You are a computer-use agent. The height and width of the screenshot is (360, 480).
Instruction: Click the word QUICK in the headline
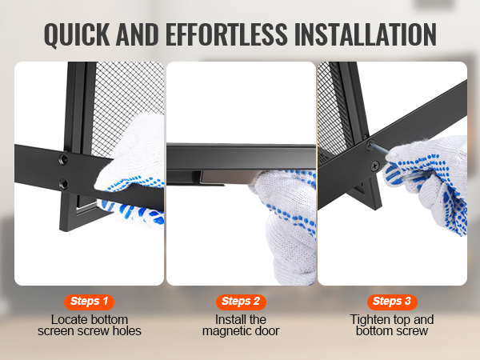click(x=77, y=34)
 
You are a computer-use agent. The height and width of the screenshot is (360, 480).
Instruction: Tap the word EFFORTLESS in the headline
click(x=226, y=34)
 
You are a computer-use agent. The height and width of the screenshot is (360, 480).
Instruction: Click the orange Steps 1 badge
click(x=89, y=302)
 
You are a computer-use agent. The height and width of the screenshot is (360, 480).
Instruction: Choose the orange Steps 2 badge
click(x=241, y=302)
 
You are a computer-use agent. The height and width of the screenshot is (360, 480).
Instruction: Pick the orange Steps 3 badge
click(x=392, y=302)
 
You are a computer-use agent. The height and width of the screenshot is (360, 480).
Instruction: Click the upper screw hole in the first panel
click(x=64, y=159)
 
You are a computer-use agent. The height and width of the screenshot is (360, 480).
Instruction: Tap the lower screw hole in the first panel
click(x=64, y=184)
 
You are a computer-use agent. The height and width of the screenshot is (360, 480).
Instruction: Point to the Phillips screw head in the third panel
click(x=374, y=166)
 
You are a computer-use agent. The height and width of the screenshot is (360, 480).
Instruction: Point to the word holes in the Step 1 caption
click(x=127, y=331)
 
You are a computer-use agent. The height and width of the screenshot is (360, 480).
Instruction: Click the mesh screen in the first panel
click(x=127, y=95)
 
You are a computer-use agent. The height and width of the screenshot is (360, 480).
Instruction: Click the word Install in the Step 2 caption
click(x=228, y=319)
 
